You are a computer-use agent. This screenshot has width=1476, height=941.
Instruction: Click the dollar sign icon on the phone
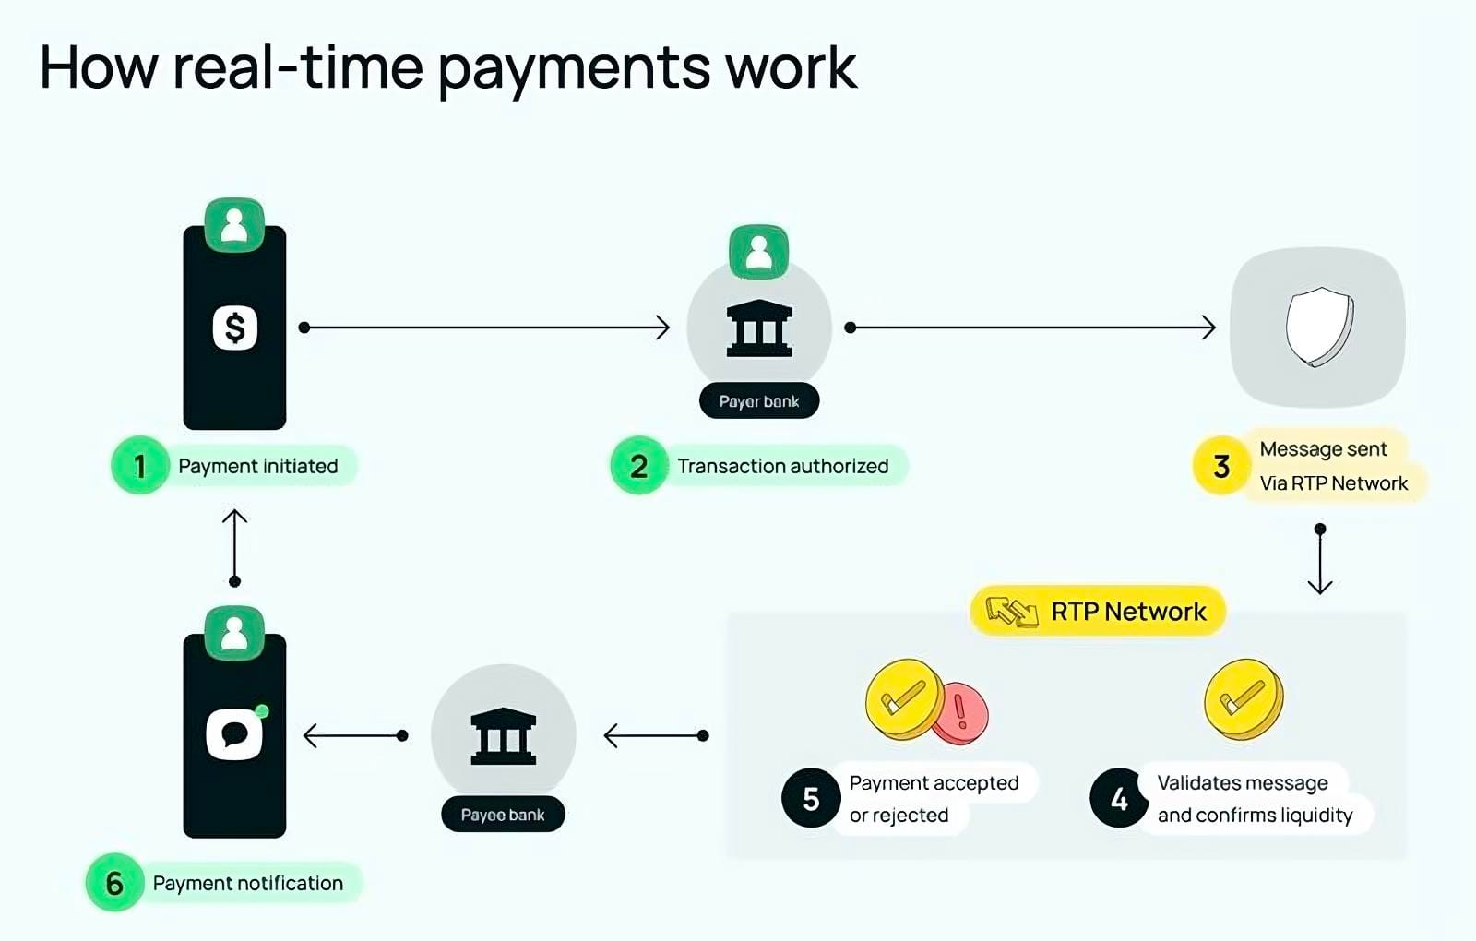pos(234,328)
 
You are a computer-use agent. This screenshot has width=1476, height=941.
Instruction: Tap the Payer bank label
pos(759,400)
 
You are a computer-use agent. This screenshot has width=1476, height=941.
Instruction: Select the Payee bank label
pos(503,815)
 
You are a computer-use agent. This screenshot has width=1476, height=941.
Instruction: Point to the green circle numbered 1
pos(139,466)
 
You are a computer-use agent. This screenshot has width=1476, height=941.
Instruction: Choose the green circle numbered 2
pos(638,466)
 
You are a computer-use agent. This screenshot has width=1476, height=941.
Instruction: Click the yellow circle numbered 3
pos(1221,466)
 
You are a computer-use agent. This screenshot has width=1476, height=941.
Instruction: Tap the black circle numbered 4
pos(1119,798)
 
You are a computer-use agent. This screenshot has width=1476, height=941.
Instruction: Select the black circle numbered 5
pos(811,798)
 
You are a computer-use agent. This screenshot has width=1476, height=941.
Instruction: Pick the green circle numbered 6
pos(114,883)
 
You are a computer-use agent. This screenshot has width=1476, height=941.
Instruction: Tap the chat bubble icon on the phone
pos(234,733)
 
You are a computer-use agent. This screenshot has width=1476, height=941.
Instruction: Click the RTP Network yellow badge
pos(1098,611)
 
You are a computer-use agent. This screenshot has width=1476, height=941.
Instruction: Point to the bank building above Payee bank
pos(504,735)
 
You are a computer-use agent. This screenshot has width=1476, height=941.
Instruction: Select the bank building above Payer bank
pos(759,328)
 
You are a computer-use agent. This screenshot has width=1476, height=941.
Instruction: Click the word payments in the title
pos(574,71)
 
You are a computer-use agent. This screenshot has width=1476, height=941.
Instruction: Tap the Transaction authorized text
pos(783,466)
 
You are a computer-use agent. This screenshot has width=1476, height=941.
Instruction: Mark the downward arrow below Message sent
pos(1320,559)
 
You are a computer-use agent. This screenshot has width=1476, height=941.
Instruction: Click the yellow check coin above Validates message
pos(1244,699)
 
